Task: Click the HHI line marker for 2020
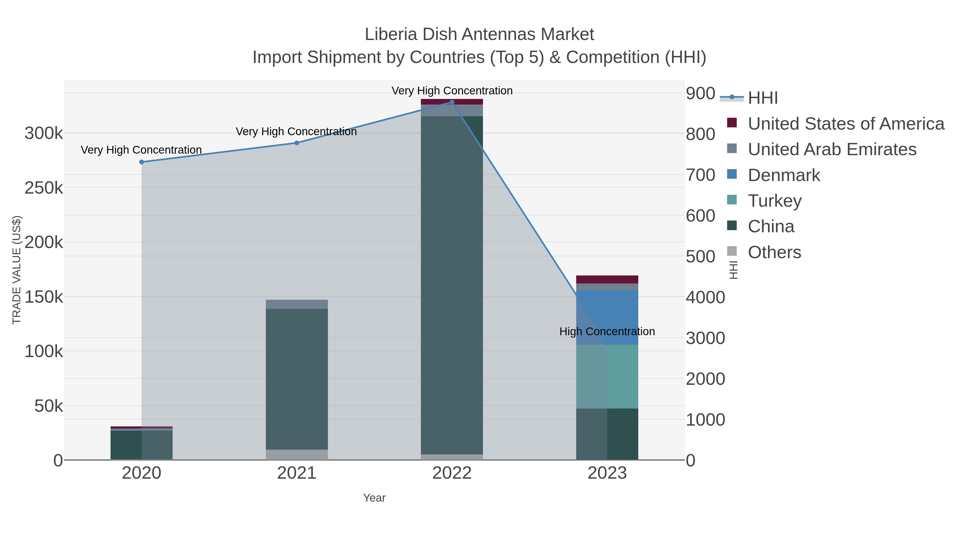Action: [x=141, y=162]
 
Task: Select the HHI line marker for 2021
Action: [x=297, y=143]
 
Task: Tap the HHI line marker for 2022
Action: [x=452, y=102]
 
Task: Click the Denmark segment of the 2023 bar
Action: [x=607, y=317]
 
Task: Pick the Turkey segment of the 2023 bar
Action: [x=607, y=376]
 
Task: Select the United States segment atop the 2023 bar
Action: [x=607, y=279]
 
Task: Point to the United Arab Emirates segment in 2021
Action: [x=297, y=304]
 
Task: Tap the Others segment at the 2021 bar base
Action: [x=297, y=455]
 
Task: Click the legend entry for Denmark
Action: [x=784, y=175]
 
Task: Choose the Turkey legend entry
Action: [x=774, y=201]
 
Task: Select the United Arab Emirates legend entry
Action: [x=832, y=149]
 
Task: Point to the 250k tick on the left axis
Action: [x=44, y=188]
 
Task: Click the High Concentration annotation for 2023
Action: [x=607, y=331]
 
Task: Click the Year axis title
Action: [x=374, y=498]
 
